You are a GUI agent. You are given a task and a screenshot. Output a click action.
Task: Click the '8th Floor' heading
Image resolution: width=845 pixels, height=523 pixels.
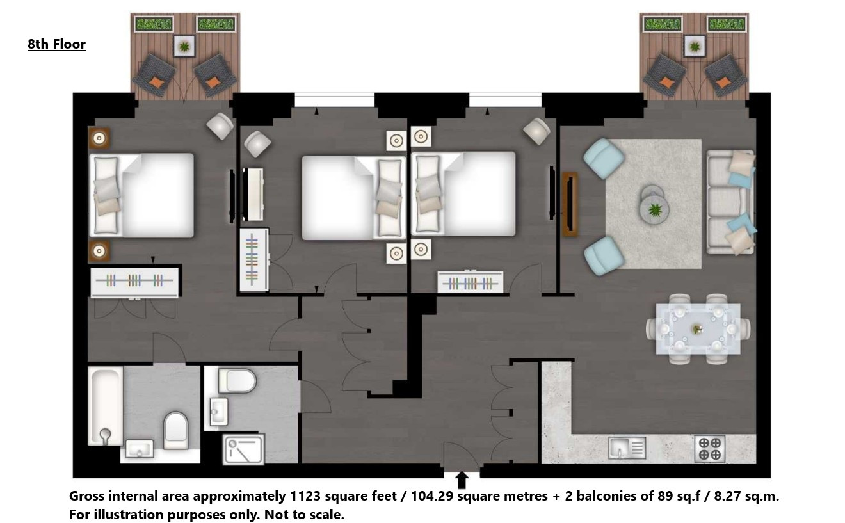56,44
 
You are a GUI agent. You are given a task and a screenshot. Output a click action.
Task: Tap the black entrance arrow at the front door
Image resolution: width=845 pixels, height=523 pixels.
462,480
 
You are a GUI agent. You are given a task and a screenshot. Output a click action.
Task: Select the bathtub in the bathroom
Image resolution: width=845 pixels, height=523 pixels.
105,405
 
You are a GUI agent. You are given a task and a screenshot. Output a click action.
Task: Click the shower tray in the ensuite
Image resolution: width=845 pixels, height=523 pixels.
243,449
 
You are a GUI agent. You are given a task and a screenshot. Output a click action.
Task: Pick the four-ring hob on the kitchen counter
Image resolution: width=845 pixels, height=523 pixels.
709,449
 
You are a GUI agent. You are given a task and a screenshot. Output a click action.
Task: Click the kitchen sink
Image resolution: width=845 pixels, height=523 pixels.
627,447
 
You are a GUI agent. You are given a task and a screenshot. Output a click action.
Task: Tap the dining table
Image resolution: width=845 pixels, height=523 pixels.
698,329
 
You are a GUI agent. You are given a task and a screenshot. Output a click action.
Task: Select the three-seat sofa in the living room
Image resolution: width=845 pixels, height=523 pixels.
730,202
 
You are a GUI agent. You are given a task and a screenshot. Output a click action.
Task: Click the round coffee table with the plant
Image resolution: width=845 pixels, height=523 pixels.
654,209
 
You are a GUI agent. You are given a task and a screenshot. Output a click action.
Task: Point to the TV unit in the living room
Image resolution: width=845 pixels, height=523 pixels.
570,204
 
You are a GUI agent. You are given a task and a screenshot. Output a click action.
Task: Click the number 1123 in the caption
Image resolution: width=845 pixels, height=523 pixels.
305,496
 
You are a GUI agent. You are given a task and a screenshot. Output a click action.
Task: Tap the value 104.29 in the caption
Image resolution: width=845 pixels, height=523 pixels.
432,496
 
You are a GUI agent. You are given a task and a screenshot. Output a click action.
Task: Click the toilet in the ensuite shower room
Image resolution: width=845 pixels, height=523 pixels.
237,381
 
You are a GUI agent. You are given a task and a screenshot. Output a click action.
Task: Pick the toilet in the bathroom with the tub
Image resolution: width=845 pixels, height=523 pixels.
176,430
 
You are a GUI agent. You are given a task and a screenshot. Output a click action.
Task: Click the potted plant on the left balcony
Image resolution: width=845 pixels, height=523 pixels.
184,46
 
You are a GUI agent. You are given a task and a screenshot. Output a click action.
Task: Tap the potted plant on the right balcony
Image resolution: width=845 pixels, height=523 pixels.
695,46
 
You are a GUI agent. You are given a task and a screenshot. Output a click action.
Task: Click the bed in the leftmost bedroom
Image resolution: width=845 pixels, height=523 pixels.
141,195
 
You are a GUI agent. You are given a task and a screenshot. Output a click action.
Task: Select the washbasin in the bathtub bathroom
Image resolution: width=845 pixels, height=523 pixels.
139,449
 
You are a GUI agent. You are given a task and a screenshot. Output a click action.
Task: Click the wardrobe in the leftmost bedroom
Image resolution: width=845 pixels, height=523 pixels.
134,282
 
